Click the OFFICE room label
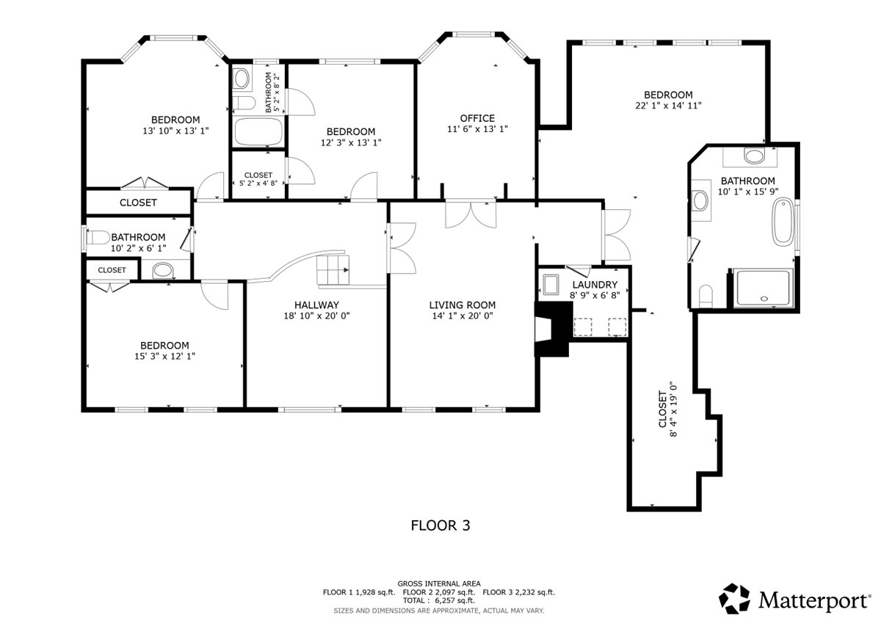click(x=477, y=118)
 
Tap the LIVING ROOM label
click(x=462, y=305)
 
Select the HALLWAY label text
click(x=316, y=305)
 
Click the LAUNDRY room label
click(x=595, y=284)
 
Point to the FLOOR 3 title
click(x=440, y=525)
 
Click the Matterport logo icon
click(x=734, y=599)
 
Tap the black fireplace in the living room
click(x=553, y=329)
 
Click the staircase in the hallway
click(x=333, y=270)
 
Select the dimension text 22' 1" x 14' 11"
click(x=668, y=106)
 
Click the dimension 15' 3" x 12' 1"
click(x=164, y=356)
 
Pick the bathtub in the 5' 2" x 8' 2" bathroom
click(x=258, y=131)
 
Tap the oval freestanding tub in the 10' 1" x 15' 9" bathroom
click(x=783, y=222)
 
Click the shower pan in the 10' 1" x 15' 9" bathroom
click(x=764, y=288)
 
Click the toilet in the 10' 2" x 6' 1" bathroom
click(x=98, y=238)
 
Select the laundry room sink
click(x=551, y=285)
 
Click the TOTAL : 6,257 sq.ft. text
click(x=439, y=600)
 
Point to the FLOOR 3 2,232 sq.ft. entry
click(x=519, y=592)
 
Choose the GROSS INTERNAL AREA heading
click(x=439, y=583)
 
